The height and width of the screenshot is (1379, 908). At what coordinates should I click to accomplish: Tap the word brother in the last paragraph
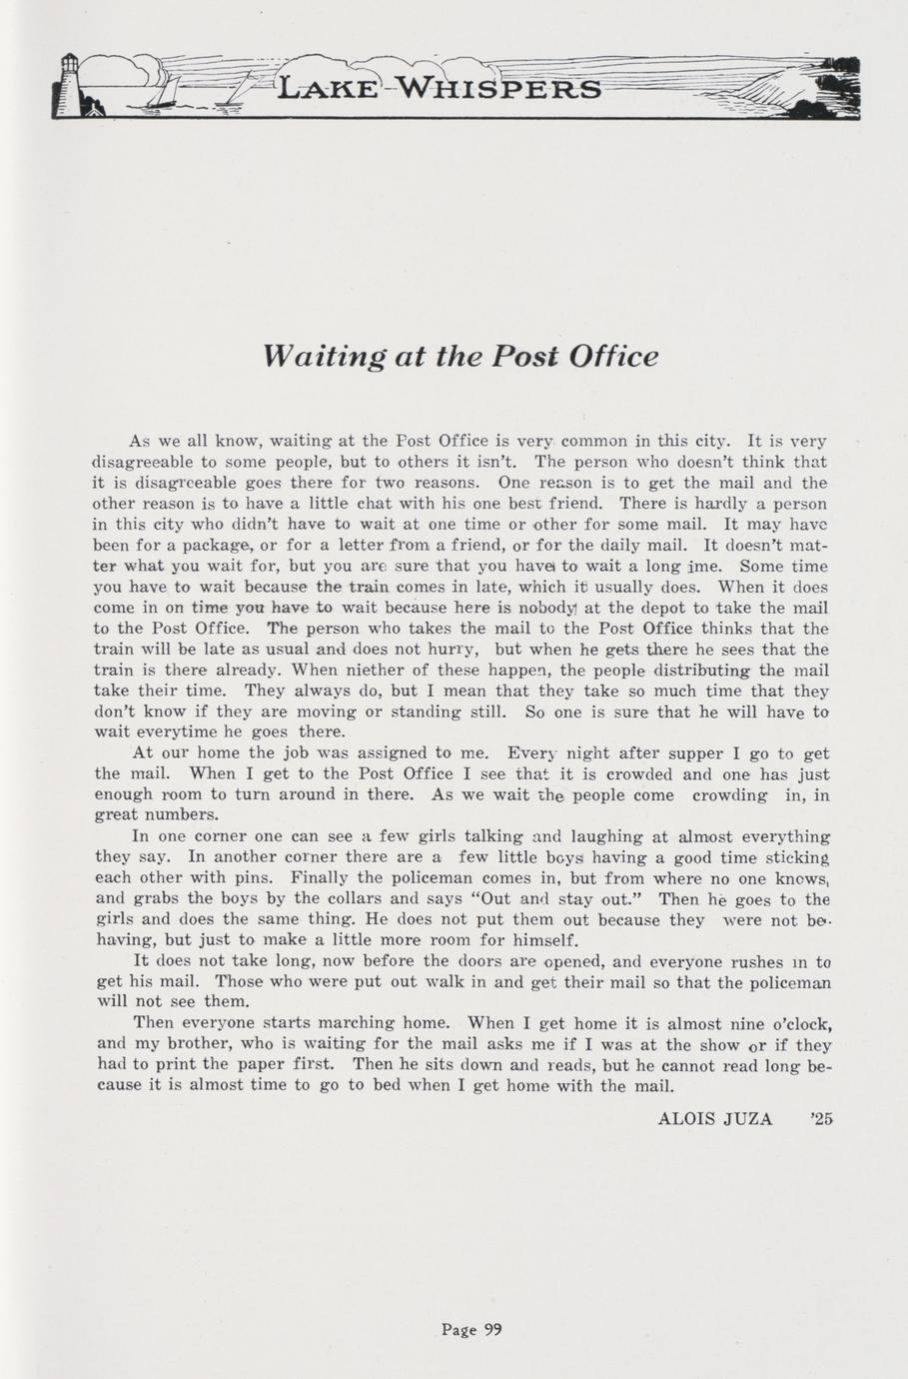point(186,1044)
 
